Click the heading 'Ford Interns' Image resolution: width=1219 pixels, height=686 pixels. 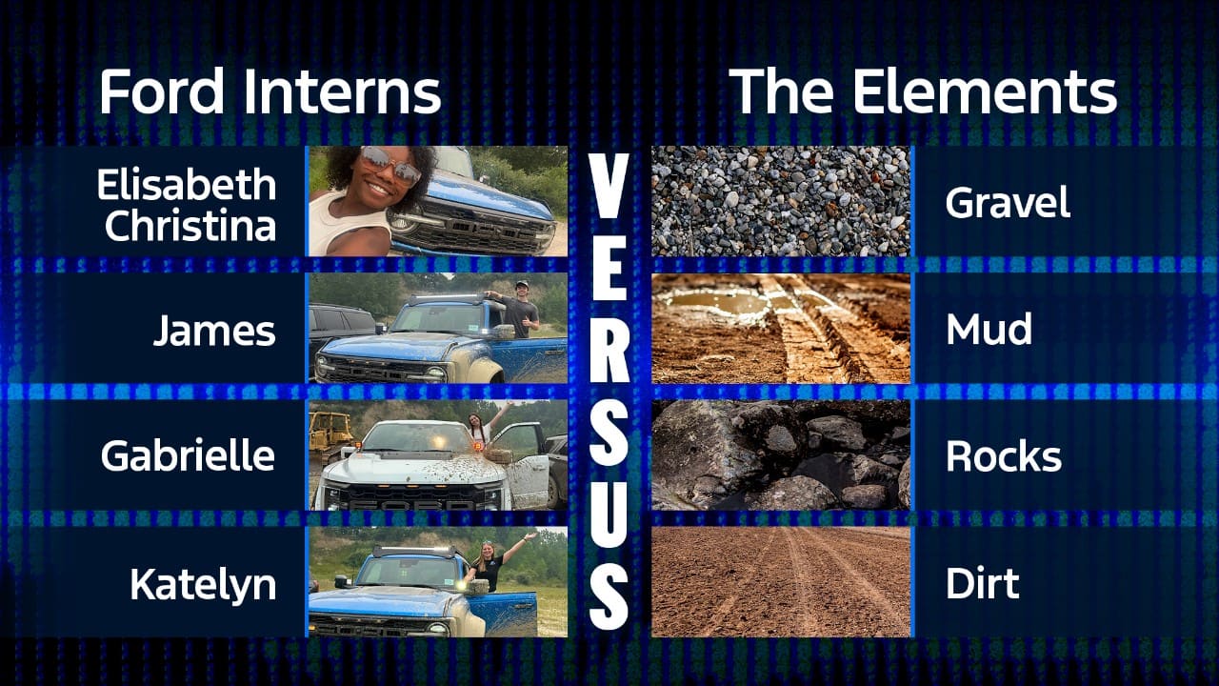[x=270, y=91]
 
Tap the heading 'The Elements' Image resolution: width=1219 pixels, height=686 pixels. [x=923, y=91]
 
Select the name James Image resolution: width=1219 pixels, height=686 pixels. [x=215, y=331]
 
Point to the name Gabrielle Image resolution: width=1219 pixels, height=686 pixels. [x=188, y=455]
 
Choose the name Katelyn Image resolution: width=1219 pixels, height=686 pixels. [x=203, y=585]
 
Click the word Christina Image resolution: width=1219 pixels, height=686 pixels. [x=190, y=226]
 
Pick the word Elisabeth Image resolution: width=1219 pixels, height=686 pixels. [x=187, y=184]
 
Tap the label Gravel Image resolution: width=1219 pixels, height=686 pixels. [x=1008, y=203]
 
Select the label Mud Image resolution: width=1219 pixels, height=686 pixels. [x=989, y=329]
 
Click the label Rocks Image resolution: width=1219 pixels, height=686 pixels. [x=1004, y=455]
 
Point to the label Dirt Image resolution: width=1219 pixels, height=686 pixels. [x=982, y=583]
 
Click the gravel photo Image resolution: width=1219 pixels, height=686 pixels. [x=781, y=201]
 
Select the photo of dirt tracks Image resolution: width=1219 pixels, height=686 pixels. [x=781, y=581]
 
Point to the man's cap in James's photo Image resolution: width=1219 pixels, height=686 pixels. [x=523, y=284]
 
